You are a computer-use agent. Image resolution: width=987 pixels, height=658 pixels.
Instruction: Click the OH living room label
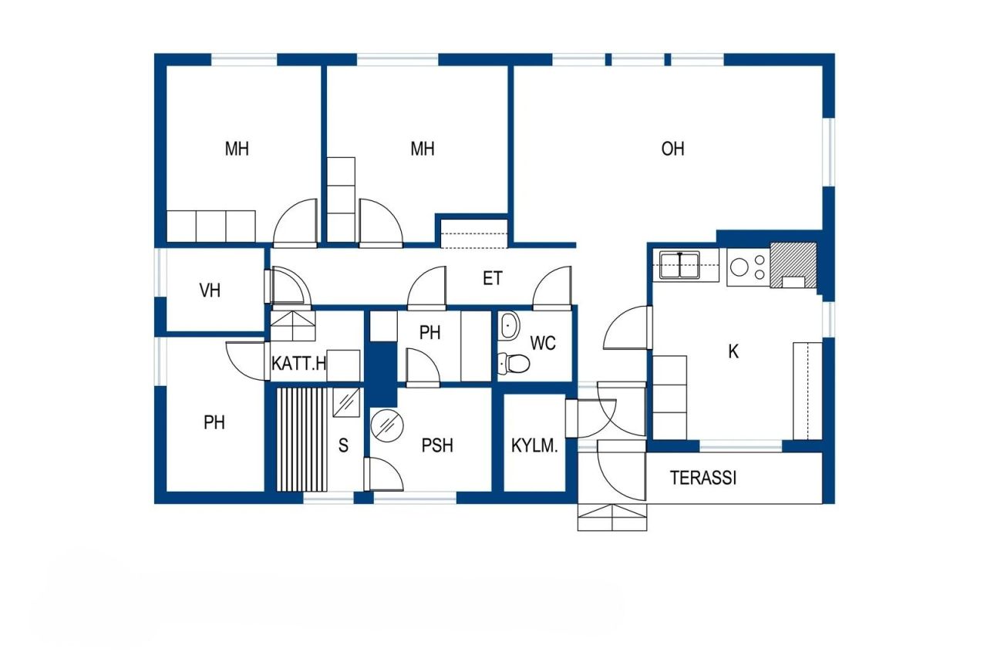pos(672,149)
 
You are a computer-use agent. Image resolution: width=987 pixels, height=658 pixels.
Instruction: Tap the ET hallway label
pos(493,278)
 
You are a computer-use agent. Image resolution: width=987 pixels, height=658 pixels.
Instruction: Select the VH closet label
pos(210,290)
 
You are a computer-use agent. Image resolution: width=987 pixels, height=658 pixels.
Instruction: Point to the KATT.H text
pos(299,364)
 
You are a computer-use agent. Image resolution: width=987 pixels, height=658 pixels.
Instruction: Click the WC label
pos(544,344)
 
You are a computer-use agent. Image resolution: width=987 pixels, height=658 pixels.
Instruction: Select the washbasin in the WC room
pos(509,325)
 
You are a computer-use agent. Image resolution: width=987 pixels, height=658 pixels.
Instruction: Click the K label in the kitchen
pos(733,352)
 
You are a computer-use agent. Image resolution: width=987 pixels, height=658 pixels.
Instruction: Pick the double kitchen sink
pos(679,266)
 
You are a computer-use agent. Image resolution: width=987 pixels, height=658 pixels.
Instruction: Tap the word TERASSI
pos(702,478)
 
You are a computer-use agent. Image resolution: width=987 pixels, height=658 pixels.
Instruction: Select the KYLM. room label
pos(534,445)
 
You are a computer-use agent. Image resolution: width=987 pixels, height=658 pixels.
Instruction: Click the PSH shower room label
pos(437,445)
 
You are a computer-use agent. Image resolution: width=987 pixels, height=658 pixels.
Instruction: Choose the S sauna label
pos(343,445)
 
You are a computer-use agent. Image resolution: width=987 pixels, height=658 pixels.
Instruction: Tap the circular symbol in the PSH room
pos(386,425)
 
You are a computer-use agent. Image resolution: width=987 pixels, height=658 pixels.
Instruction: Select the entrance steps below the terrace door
pos(612,517)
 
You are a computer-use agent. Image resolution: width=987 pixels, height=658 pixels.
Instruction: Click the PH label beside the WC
pos(429,333)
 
